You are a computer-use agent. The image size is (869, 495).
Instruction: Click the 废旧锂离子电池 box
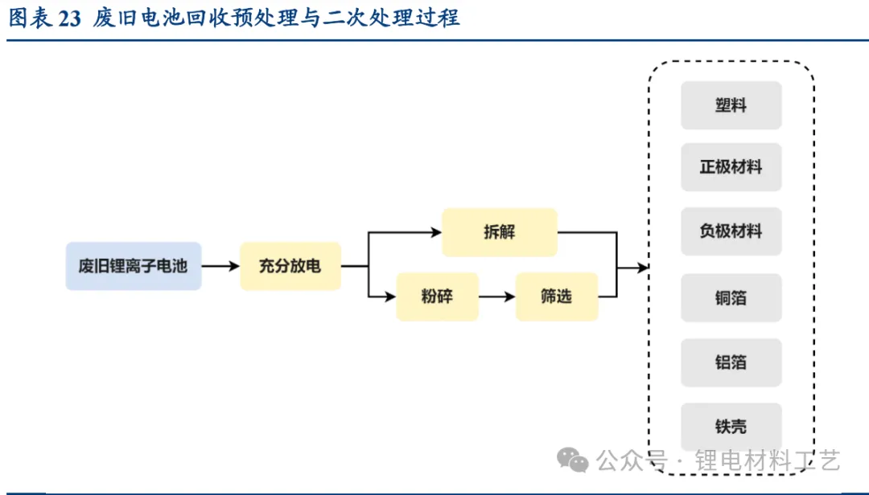pos(133,266)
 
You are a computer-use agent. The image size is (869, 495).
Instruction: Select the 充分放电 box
pos(290,266)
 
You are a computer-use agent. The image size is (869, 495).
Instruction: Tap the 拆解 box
pos(499,232)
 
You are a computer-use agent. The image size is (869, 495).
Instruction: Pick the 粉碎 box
pos(437,297)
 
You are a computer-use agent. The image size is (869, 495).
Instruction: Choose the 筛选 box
pos(556,297)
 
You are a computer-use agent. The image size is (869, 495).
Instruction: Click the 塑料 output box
pos(731,105)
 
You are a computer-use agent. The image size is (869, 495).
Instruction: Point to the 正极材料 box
pos(731,168)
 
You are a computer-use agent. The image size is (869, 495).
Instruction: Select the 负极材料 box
pos(731,231)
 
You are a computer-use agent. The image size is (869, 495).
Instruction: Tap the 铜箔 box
pos(731,297)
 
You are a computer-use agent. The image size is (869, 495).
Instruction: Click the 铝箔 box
pos(731,362)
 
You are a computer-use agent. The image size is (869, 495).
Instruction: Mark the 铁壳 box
pos(731,427)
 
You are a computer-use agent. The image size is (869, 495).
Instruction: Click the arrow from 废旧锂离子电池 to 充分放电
pos(220,266)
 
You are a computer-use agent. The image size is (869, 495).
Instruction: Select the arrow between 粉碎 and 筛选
pos(497,297)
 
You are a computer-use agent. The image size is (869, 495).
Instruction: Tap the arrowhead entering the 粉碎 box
pos(392,297)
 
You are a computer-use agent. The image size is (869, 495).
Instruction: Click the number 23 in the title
pos(70,18)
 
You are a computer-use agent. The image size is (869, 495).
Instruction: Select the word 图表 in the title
pos(30,18)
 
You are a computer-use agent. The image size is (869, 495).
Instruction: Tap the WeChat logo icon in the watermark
pos(574,460)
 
